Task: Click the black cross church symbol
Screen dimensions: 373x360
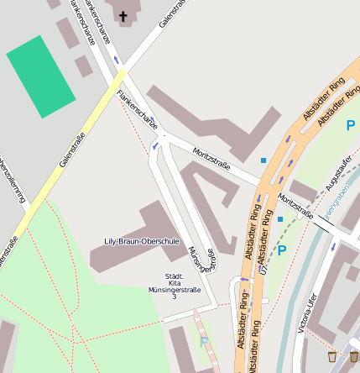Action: coord(123,16)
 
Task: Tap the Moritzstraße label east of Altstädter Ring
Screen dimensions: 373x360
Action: coord(295,206)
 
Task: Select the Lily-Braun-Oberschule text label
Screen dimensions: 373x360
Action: coord(141,242)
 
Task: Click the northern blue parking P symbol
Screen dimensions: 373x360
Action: coord(350,125)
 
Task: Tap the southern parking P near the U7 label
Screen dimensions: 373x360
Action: coord(282,250)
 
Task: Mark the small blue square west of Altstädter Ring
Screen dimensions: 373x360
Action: coord(263,160)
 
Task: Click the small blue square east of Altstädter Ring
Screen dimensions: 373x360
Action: coord(280,219)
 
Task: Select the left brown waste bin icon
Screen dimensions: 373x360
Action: coord(332,355)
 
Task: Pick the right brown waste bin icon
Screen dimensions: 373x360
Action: coord(354,355)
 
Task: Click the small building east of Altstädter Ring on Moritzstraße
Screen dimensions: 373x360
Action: coord(304,191)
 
